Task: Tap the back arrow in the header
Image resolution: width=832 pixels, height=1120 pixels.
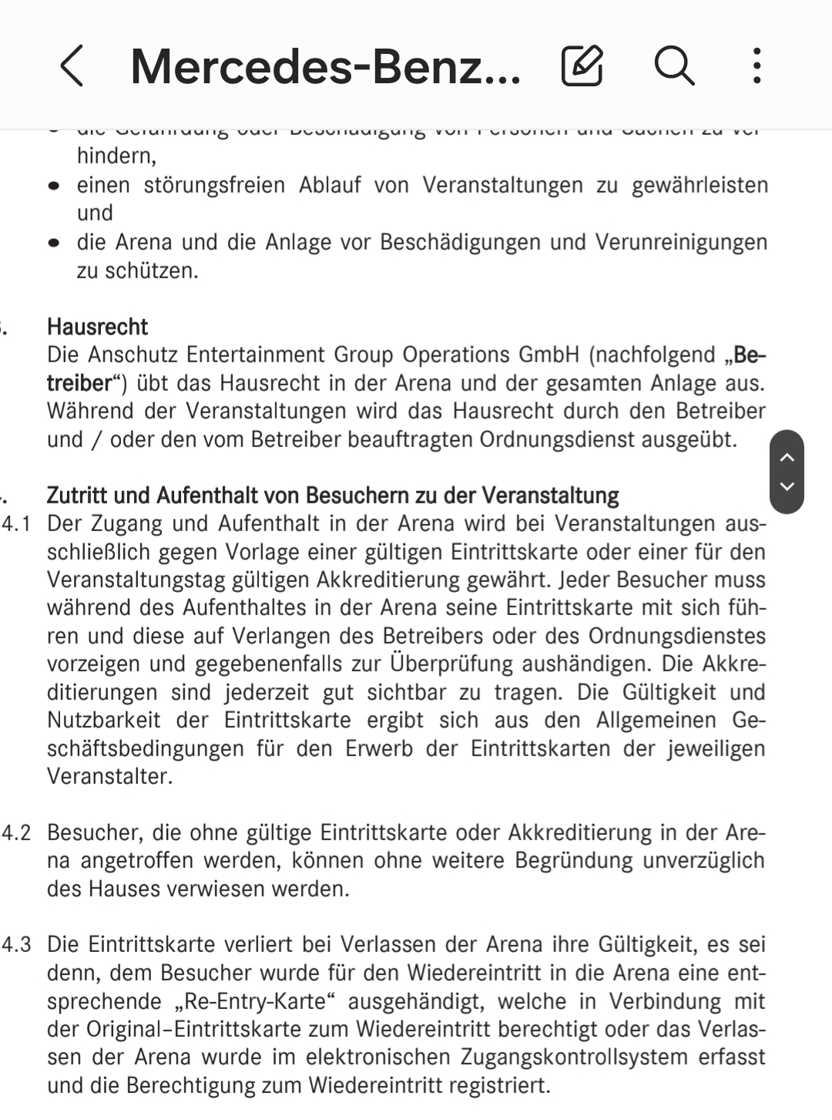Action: click(72, 66)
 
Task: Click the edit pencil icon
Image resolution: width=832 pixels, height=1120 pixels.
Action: click(582, 66)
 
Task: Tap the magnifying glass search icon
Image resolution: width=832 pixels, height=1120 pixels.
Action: click(674, 66)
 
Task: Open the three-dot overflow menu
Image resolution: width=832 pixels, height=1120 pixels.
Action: click(757, 66)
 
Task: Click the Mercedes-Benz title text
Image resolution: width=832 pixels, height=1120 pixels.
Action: click(325, 67)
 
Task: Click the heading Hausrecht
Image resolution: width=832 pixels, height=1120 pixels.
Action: click(97, 327)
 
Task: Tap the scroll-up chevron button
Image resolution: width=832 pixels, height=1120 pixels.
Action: click(787, 458)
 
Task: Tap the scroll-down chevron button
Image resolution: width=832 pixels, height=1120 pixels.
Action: click(787, 486)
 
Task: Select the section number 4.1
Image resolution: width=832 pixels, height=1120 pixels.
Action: click(16, 524)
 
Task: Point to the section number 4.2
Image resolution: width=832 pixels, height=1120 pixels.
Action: click(16, 832)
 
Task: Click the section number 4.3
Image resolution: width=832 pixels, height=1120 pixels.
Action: click(16, 945)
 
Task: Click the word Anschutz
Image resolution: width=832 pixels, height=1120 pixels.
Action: click(133, 355)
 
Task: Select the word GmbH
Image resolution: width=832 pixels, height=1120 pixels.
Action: click(548, 355)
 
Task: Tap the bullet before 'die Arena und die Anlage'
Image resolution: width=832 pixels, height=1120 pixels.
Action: click(53, 243)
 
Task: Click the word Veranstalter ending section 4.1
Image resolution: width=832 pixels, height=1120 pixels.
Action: click(108, 776)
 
